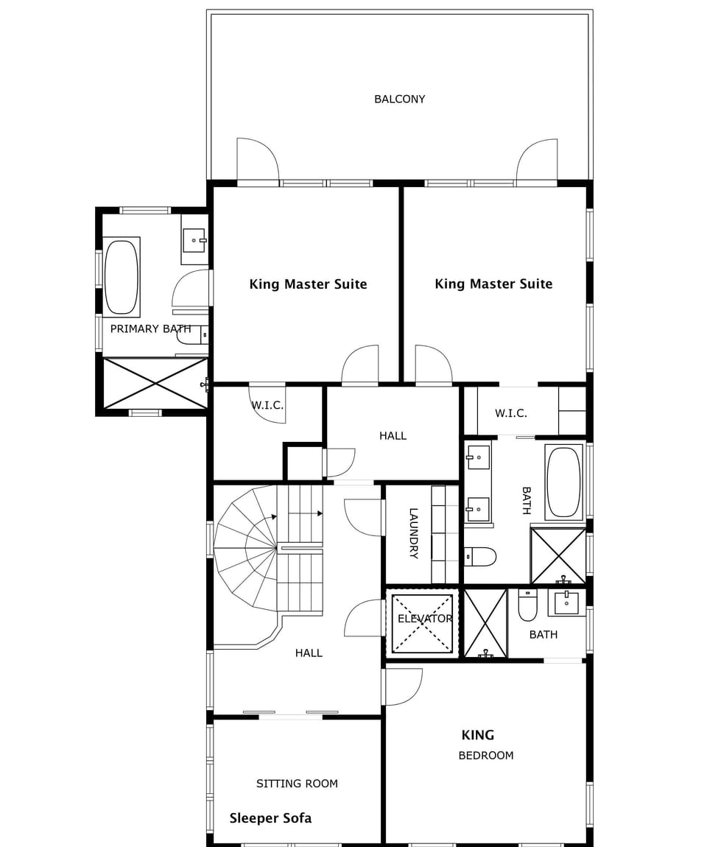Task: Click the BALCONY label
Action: (x=399, y=99)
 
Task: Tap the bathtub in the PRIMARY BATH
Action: (x=121, y=277)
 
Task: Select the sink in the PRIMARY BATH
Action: (x=194, y=239)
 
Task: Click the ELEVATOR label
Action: (x=425, y=619)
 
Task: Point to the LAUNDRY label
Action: (x=413, y=533)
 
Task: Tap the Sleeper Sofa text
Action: (x=270, y=818)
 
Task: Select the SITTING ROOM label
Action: (x=297, y=784)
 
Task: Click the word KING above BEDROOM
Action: (x=477, y=735)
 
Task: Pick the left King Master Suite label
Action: (x=308, y=284)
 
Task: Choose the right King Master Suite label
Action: (x=493, y=284)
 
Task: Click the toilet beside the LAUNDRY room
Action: (x=481, y=557)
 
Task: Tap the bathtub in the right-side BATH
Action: (x=564, y=482)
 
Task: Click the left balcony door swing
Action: (x=257, y=159)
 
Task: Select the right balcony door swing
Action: (x=537, y=160)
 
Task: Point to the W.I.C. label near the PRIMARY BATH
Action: (x=267, y=406)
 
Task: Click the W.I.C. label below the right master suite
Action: (x=510, y=413)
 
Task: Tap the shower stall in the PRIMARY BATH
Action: (x=155, y=383)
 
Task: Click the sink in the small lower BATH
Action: (x=566, y=602)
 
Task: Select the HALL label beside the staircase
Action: (x=309, y=653)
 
